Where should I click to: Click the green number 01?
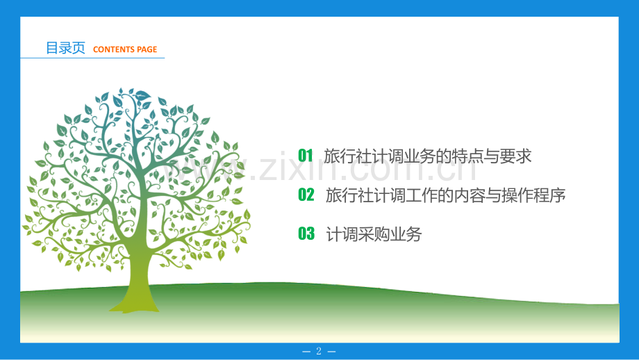[x=305, y=156]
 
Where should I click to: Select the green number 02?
[x=306, y=195]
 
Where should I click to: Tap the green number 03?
[x=306, y=234]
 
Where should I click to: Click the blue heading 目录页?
[x=65, y=48]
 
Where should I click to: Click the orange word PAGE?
[x=147, y=49]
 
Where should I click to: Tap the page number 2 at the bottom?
[x=319, y=351]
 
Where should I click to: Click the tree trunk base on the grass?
[x=134, y=304]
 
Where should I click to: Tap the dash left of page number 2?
[x=306, y=351]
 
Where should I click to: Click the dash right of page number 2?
[x=332, y=351]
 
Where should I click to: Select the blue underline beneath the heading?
[x=92, y=58]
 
